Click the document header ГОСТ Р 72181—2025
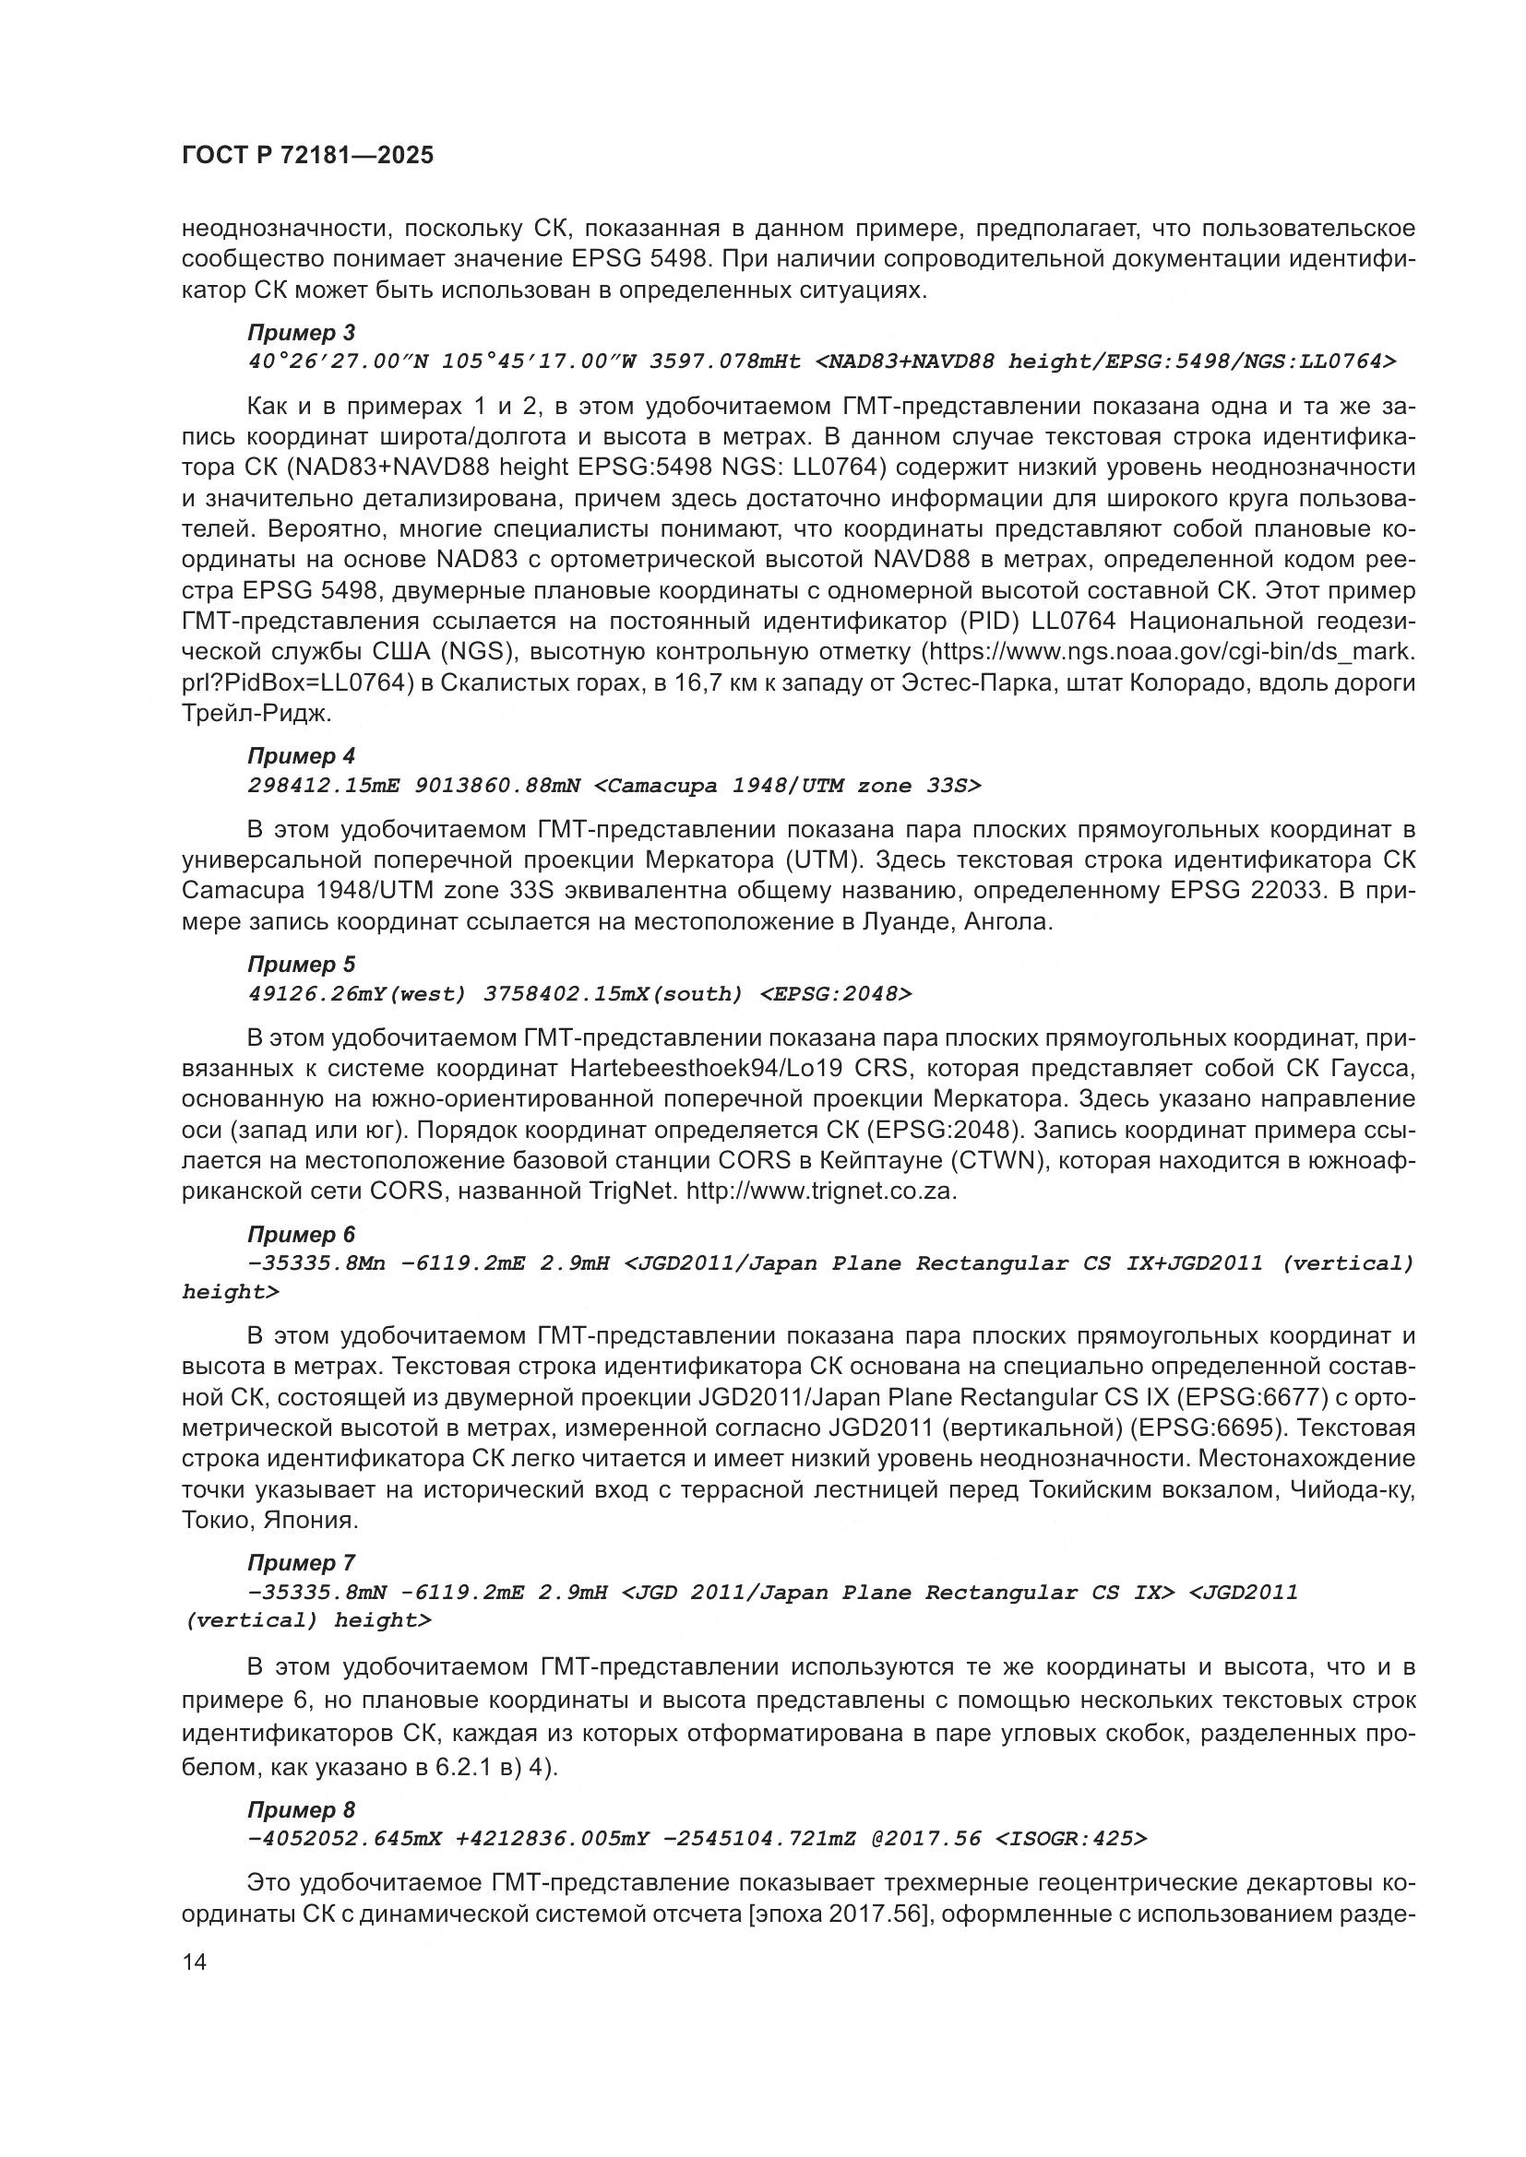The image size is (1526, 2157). (307, 156)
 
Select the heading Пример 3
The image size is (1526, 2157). (301, 334)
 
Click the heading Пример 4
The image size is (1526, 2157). (301, 756)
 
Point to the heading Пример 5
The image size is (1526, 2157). (301, 965)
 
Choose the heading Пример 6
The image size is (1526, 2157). (301, 1235)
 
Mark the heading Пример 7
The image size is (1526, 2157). (301, 1563)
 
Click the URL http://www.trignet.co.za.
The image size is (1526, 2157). (821, 1191)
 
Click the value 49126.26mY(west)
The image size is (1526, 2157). (357, 995)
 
